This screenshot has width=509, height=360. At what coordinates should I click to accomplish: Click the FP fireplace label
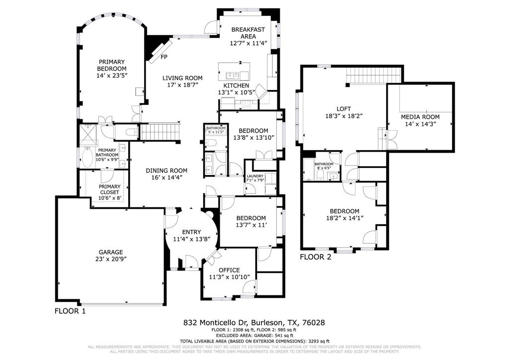pos(164,57)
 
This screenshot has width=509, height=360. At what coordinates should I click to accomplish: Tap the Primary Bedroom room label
pos(112,65)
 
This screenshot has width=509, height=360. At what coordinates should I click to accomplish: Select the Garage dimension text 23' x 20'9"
pos(110,259)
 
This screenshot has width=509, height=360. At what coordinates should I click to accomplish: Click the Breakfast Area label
pos(248,33)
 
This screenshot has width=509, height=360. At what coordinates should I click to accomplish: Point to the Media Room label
pos(421,117)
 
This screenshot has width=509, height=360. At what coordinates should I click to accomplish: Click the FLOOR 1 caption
pos(70,311)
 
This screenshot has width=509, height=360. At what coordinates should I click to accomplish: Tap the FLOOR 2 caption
pos(315,257)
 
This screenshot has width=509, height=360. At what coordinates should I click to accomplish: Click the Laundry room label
pos(254,176)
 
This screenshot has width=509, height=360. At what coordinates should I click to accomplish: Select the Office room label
pos(229,270)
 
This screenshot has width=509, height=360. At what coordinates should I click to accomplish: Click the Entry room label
pos(191,232)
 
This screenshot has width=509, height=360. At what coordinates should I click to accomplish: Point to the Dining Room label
pos(167,171)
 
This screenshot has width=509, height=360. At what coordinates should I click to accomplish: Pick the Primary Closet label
pos(109,187)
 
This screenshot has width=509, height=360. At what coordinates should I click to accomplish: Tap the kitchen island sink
pos(232,75)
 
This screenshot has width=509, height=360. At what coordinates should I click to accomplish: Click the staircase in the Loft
pos(373,76)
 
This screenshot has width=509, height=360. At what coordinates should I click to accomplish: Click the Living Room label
pos(182,78)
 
